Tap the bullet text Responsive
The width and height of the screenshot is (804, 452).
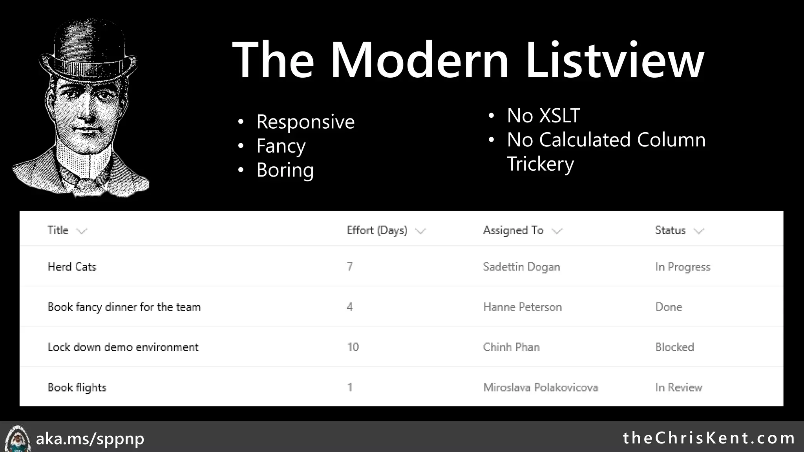click(305, 122)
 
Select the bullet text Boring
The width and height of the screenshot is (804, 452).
click(285, 170)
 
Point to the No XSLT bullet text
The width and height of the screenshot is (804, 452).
click(543, 116)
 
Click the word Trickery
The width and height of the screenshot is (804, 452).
click(540, 164)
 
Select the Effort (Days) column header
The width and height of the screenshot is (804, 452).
click(376, 230)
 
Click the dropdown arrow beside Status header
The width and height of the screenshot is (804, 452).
click(699, 231)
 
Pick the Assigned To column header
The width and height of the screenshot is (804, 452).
click(513, 230)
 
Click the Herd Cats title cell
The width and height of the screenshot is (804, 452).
click(72, 267)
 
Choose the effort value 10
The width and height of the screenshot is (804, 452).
click(353, 347)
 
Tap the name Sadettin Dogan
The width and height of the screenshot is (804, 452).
click(521, 267)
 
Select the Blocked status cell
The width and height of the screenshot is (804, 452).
click(674, 347)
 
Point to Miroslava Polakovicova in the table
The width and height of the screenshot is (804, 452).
click(540, 388)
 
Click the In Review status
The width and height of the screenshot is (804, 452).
click(678, 388)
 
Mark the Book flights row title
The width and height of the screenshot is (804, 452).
click(77, 388)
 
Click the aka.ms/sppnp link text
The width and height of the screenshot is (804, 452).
click(90, 439)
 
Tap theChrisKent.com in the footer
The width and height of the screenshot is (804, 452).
click(709, 438)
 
